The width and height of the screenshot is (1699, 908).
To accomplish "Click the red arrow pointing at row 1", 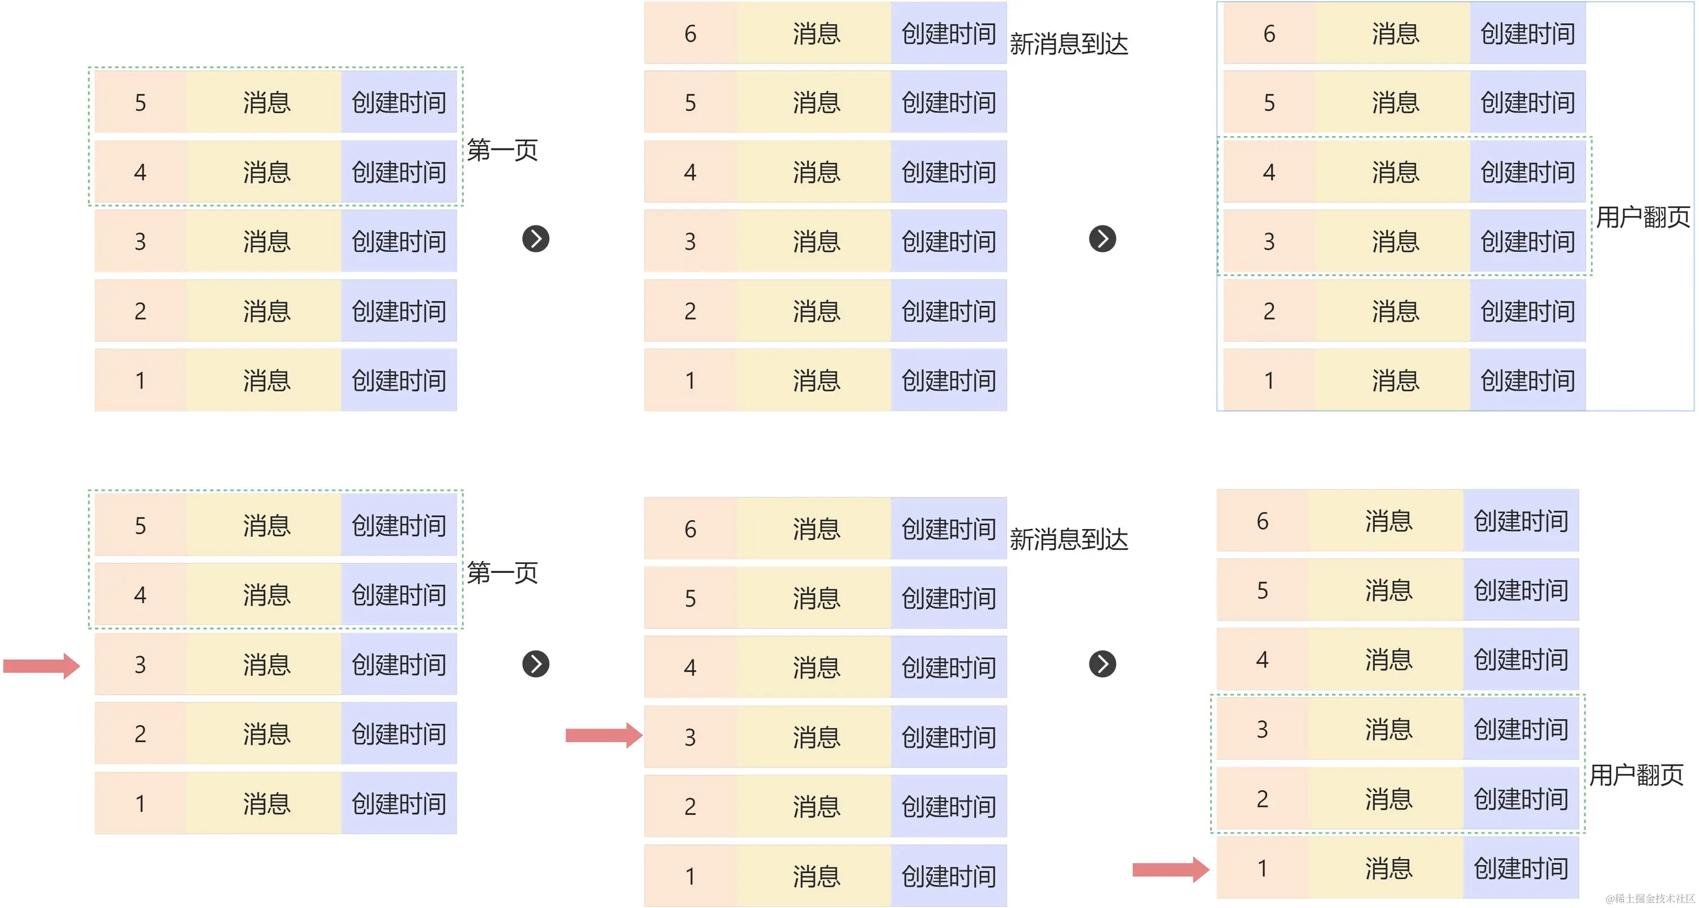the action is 1170,869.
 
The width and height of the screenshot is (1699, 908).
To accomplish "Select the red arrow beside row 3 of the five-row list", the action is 41,665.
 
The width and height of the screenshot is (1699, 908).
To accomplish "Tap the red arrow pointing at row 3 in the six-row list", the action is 603,735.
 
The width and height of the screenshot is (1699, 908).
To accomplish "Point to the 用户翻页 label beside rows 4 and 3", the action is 1642,217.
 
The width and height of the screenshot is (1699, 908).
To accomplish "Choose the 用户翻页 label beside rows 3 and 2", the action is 1636,775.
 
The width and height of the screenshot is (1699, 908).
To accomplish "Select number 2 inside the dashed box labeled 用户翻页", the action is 1262,799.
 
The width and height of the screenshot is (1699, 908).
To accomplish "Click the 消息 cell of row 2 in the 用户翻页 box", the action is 1388,799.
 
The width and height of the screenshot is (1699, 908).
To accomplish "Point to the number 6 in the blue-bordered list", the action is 1269,34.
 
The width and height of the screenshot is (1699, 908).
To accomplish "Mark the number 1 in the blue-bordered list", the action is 1269,381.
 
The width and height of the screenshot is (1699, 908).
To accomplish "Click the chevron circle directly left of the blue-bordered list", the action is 1102,239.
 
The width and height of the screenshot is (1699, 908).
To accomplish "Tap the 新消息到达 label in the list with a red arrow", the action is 1069,540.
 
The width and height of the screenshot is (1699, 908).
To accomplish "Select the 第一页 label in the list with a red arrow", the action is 503,573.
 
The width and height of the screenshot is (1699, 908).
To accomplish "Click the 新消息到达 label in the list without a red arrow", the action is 1069,44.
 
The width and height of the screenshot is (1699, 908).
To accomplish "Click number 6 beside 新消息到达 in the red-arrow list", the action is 690,529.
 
